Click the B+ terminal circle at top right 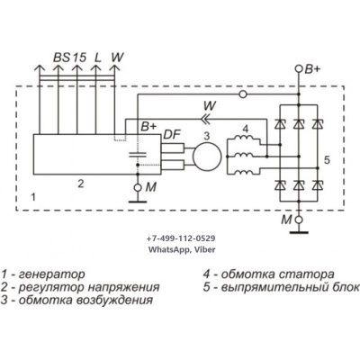pos(299,69)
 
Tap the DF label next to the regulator pos(172,135)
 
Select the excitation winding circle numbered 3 pos(207,156)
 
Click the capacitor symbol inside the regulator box pos(138,155)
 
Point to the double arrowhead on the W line pos(205,120)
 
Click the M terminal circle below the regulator pos(138,188)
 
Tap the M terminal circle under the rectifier pos(299,220)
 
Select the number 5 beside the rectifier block pos(327,160)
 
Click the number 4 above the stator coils pos(246,130)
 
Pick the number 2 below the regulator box pos(80,184)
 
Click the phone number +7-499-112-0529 pos(181,238)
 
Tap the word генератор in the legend pos(52,274)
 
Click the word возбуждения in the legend pos(116,300)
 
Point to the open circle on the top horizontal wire pos(243,94)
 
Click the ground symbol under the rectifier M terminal pos(299,231)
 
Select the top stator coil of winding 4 pos(244,138)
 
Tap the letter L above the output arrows pos(97,57)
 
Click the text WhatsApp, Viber pos(182,249)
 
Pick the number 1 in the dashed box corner pos(33,197)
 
